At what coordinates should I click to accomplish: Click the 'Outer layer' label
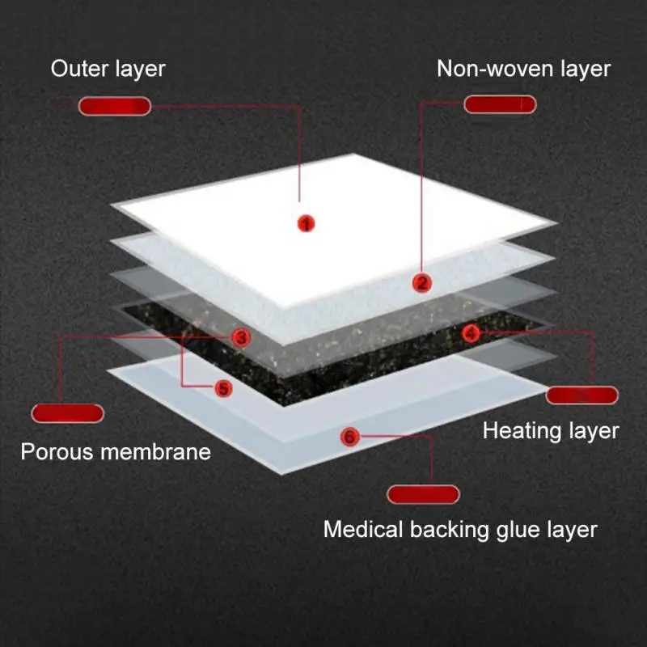[108, 69]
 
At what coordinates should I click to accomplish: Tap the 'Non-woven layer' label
[523, 69]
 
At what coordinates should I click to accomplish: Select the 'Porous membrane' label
[116, 451]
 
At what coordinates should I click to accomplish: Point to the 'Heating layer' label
[551, 431]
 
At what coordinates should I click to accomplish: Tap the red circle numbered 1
[306, 223]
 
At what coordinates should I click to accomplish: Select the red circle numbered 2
[422, 282]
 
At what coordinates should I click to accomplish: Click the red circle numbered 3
[241, 338]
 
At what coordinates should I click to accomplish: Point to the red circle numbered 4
[472, 332]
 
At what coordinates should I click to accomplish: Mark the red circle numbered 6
[349, 437]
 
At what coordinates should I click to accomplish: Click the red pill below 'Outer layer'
[115, 106]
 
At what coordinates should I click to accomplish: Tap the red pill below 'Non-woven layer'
[500, 104]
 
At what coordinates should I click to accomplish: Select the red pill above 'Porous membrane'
[68, 413]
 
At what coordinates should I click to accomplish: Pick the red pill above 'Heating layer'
[582, 395]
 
